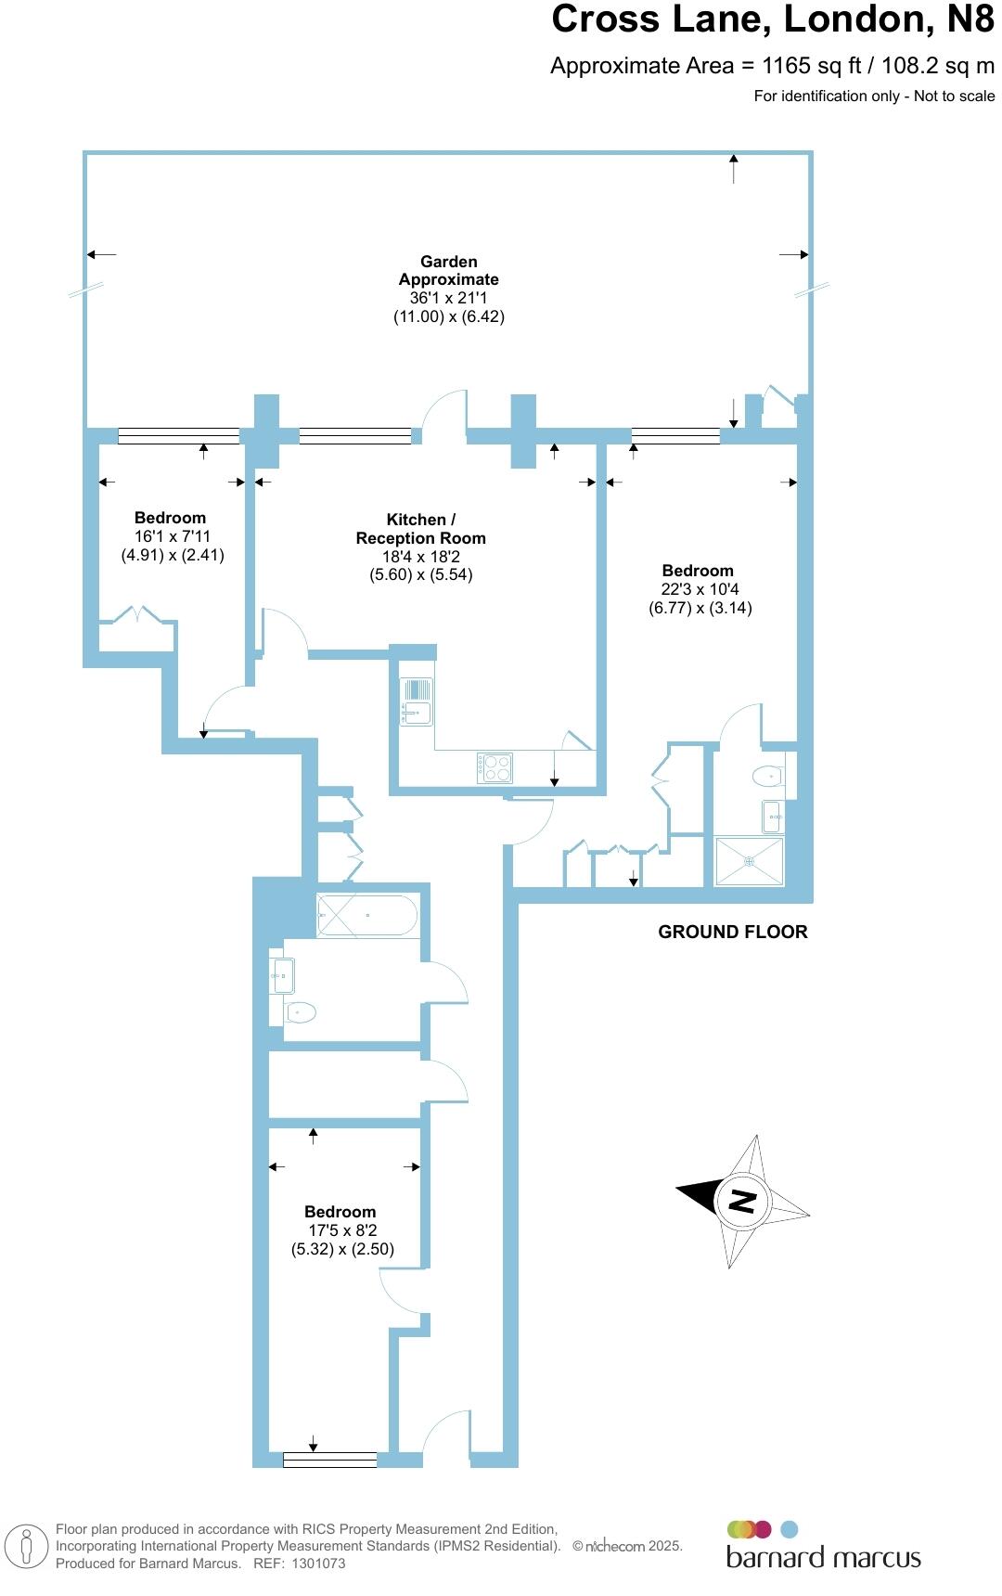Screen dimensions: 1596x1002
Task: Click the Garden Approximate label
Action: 449,271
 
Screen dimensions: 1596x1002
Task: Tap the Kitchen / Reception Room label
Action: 420,529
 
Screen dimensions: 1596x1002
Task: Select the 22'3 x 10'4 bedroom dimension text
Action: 700,589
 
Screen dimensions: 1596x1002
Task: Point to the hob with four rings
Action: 495,768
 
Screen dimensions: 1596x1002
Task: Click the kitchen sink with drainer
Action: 417,701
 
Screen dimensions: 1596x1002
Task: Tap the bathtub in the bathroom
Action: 366,915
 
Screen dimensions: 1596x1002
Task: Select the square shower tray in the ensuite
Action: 749,861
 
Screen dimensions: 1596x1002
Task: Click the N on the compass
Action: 742,1202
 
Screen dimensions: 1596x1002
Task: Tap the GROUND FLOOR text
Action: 732,932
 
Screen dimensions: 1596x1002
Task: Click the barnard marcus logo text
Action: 823,1557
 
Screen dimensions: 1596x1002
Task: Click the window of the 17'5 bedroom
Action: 329,1460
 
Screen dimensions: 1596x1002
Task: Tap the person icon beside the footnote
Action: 27,1547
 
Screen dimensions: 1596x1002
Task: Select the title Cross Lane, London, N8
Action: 772,19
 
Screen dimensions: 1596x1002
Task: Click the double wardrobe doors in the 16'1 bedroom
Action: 136,616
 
